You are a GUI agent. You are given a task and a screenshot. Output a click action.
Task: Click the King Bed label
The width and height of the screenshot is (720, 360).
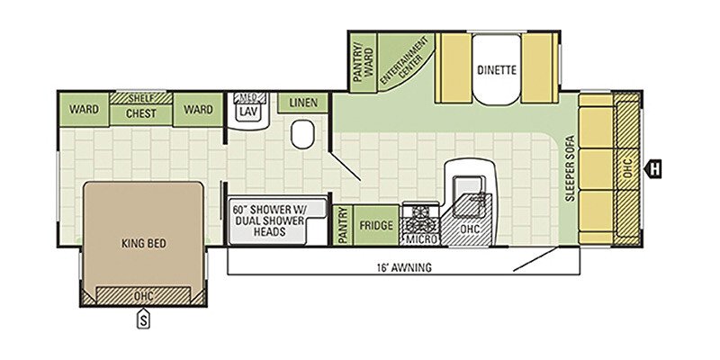pyautogui.click(x=144, y=243)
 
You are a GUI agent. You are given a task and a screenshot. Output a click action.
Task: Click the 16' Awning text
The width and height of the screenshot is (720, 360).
pyautogui.click(x=404, y=266)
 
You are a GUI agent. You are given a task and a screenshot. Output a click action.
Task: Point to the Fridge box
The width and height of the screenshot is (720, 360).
pyautogui.click(x=376, y=225)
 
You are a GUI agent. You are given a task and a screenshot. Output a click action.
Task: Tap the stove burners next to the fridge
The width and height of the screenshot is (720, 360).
pyautogui.click(x=419, y=217)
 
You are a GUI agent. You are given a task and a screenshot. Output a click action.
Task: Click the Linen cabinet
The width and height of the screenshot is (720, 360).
pyautogui.click(x=303, y=103)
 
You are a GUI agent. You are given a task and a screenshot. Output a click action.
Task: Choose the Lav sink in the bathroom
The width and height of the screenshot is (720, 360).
pyautogui.click(x=247, y=112)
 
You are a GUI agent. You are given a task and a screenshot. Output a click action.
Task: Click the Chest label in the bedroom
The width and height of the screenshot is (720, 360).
pyautogui.click(x=140, y=113)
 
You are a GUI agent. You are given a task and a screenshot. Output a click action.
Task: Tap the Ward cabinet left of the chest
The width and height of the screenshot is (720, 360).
pyautogui.click(x=84, y=110)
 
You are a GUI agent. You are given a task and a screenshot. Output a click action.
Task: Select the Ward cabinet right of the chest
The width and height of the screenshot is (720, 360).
pyautogui.click(x=198, y=110)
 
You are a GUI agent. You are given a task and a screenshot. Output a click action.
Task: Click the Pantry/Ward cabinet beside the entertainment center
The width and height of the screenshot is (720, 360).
pyautogui.click(x=362, y=61)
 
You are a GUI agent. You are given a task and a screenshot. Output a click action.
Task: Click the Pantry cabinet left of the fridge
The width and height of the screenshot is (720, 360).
pyautogui.click(x=342, y=225)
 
